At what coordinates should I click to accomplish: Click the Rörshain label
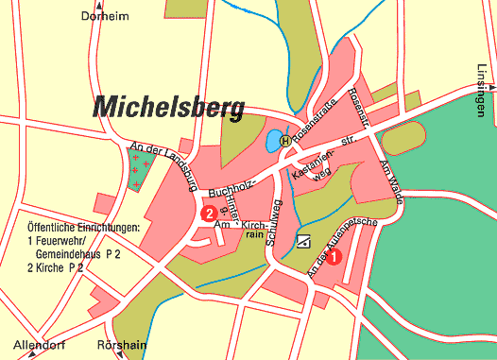click(124, 345)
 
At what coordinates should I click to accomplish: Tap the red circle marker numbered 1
click(334, 253)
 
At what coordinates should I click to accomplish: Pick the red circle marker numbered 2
click(207, 214)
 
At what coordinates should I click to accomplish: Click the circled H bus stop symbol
click(285, 141)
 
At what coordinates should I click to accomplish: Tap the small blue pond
click(272, 142)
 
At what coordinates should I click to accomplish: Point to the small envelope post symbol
click(303, 241)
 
